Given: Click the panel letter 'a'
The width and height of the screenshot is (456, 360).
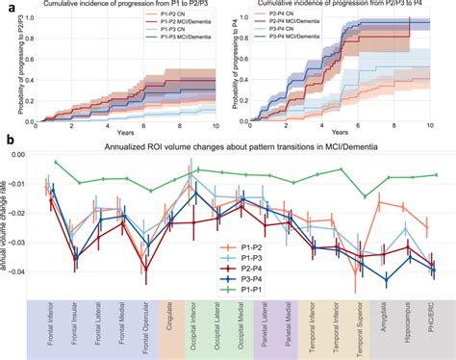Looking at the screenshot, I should point(6,7).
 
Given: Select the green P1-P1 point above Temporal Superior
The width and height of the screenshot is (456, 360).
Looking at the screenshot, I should point(364,196).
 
